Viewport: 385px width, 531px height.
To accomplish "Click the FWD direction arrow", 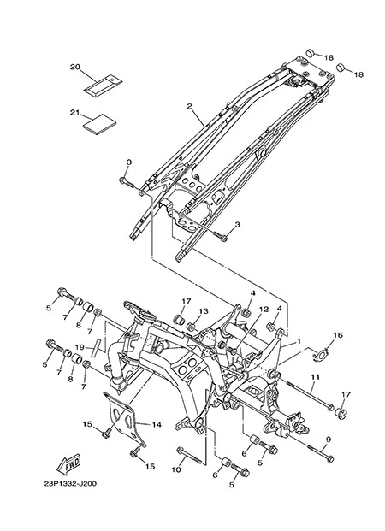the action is (68, 463).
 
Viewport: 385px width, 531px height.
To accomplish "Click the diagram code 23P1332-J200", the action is (70, 484).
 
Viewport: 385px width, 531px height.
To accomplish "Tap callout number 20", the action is (75, 67).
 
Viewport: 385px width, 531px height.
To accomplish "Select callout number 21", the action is (74, 113).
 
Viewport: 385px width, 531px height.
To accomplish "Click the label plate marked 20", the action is (103, 85).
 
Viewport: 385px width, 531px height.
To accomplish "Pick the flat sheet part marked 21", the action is (99, 124).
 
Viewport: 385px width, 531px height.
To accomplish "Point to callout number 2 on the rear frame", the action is (189, 106).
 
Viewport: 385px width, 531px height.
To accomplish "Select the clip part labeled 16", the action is (319, 355).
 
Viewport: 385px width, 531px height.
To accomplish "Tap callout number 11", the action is (316, 376).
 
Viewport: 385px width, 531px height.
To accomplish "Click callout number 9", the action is (328, 440).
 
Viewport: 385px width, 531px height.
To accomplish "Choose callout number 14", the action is (157, 425).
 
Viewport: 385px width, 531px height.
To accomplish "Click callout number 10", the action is (176, 469).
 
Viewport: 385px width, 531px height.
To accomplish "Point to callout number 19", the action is (80, 347).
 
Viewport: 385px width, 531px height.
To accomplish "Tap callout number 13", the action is (204, 311).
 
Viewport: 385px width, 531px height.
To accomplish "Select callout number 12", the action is (264, 310).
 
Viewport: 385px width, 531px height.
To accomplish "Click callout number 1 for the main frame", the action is (299, 341).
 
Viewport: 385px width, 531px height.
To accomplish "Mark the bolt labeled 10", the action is (190, 456).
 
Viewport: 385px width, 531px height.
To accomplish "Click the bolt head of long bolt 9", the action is (330, 459).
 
